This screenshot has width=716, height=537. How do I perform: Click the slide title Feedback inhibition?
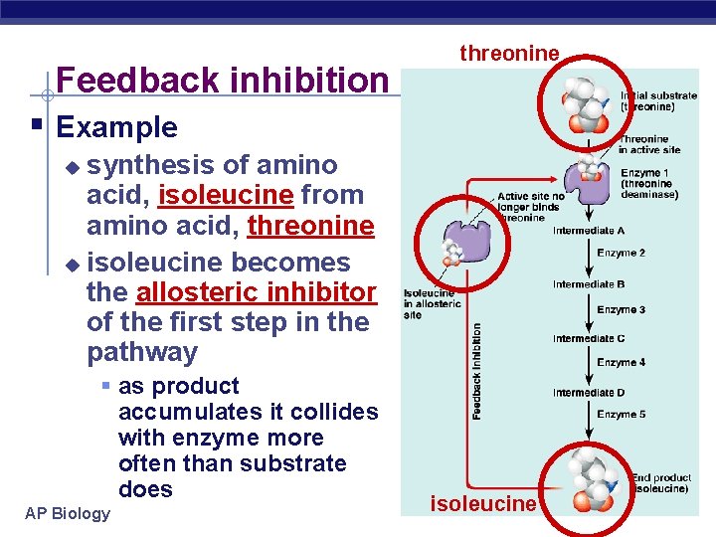pyautogui.click(x=223, y=80)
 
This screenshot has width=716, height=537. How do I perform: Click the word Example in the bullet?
pyautogui.click(x=117, y=127)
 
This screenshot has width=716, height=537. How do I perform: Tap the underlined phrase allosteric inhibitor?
pyautogui.click(x=257, y=292)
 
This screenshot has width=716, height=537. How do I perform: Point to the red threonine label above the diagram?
pyautogui.click(x=509, y=54)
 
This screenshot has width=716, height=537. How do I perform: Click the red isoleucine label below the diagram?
pyautogui.click(x=482, y=504)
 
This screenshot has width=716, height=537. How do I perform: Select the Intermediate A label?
pyautogui.click(x=589, y=231)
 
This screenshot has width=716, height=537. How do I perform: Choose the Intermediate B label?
pyautogui.click(x=589, y=284)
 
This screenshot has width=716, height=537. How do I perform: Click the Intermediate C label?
pyautogui.click(x=589, y=338)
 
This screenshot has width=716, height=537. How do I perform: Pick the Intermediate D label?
pyautogui.click(x=589, y=393)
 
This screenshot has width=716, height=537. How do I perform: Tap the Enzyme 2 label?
pyautogui.click(x=622, y=254)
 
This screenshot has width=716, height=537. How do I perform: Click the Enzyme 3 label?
pyautogui.click(x=622, y=310)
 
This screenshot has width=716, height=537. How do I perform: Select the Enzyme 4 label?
pyautogui.click(x=622, y=363)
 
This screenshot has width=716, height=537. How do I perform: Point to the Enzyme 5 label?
pyautogui.click(x=622, y=415)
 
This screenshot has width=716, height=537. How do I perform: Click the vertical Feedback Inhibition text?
pyautogui.click(x=477, y=370)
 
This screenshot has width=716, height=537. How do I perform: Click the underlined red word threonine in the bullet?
pyautogui.click(x=310, y=225)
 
